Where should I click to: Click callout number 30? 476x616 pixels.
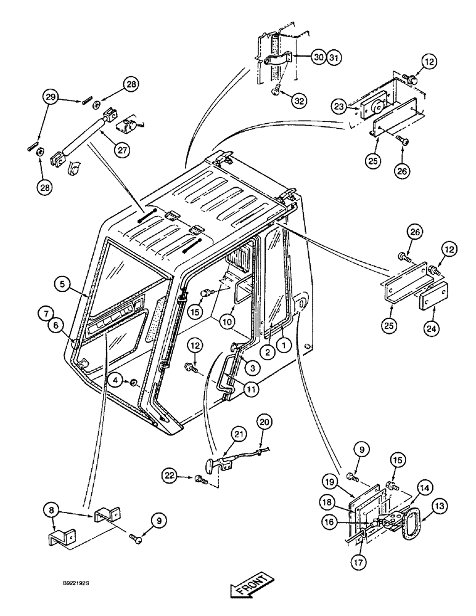pos(318,57)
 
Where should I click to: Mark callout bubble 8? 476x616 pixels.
pos(52,511)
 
